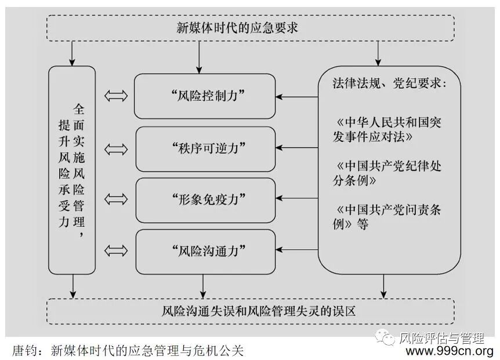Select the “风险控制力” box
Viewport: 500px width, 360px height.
tap(204, 96)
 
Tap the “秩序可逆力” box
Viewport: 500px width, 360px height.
tap(204, 148)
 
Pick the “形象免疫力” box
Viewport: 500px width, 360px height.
tap(204, 199)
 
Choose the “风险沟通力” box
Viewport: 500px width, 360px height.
tap(204, 251)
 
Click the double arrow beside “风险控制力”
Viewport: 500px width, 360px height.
tap(116, 96)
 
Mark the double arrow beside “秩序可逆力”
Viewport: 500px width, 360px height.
tap(116, 148)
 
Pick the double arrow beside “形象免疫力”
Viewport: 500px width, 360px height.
tap(116, 199)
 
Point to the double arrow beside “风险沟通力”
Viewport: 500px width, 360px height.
tap(116, 251)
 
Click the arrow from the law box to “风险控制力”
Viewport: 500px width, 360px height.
tap(296, 96)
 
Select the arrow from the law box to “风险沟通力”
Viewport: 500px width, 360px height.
tap(296, 251)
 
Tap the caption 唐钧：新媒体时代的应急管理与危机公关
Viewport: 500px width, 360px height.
tap(128, 350)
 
